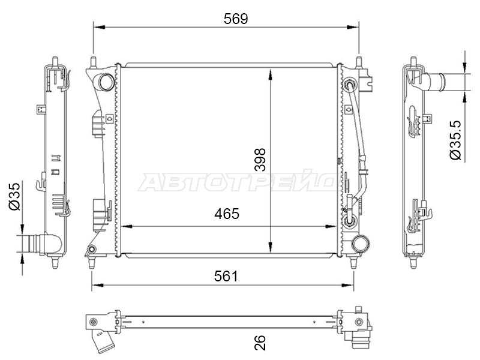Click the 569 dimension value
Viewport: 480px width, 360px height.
pyautogui.click(x=235, y=19)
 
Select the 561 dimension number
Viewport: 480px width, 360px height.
pyautogui.click(x=226, y=277)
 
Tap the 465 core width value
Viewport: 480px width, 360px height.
pyautogui.click(x=227, y=214)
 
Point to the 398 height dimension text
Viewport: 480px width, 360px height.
pyautogui.click(x=260, y=160)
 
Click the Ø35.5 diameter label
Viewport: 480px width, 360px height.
pyautogui.click(x=455, y=140)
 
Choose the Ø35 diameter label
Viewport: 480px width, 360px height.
pyautogui.click(x=14, y=197)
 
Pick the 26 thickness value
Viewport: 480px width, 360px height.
pyautogui.click(x=260, y=343)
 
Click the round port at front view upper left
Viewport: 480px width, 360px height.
pyautogui.click(x=106, y=82)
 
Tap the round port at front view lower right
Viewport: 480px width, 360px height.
pyautogui.click(x=361, y=244)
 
